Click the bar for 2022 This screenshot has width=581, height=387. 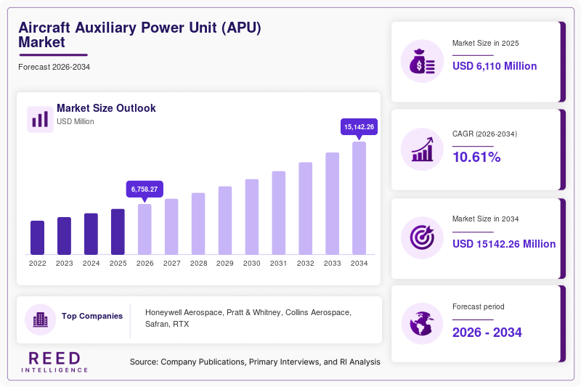pos(38,237)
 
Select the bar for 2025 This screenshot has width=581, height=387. pos(118,232)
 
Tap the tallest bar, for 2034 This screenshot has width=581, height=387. pos(359,198)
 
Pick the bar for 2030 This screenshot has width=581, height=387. pos(252,217)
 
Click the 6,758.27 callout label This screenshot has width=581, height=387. pos(145,190)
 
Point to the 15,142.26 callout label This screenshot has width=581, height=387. pos(359,127)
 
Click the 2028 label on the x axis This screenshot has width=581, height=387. pos(198,264)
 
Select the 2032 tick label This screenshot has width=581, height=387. pos(305,264)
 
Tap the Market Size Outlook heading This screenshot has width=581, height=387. pos(106,108)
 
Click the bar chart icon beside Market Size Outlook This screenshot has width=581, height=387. pos(40,119)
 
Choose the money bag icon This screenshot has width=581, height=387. pos(422,61)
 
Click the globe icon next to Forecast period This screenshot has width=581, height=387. pos(422,324)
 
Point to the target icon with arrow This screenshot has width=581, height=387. pos(422,237)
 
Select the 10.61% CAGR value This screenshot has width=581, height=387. pos(476,157)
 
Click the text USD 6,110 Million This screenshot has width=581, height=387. pos(495,66)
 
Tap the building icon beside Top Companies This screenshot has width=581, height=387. pos(41,319)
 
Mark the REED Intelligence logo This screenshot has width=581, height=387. pos(54,362)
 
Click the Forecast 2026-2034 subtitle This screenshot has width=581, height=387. pos(54,67)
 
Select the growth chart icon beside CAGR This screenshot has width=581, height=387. pos(422,150)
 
